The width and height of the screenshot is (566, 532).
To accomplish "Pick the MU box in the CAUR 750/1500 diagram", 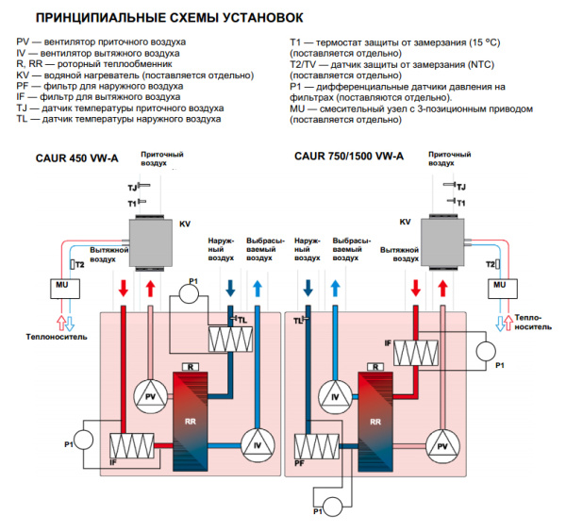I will click(499, 284).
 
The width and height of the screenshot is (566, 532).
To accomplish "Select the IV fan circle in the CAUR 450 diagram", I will click(256, 443).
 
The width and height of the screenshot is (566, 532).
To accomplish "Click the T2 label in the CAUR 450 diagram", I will click(79, 265).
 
